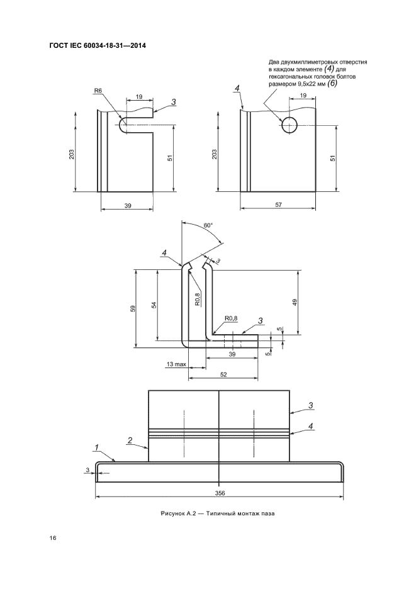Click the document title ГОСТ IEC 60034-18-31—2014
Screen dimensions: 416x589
pyautogui.click(x=98, y=46)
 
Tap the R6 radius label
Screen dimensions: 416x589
pyautogui.click(x=98, y=91)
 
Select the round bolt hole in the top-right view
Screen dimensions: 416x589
pyautogui.click(x=290, y=125)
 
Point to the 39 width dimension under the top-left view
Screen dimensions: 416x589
pyautogui.click(x=128, y=206)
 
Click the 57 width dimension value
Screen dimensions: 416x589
pyautogui.click(x=278, y=205)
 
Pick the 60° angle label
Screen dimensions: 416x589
pyautogui.click(x=208, y=225)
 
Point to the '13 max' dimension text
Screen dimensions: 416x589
pyautogui.click(x=176, y=364)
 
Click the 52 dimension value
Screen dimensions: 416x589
pyautogui.click(x=223, y=374)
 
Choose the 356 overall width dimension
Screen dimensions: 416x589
pyautogui.click(x=220, y=493)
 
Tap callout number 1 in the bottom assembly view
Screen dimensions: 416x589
pyautogui.click(x=96, y=447)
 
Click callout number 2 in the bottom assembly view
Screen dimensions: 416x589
pyautogui.click(x=130, y=440)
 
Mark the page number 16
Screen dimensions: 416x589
pyautogui.click(x=53, y=538)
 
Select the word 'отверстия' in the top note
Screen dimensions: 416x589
pyautogui.click(x=353, y=62)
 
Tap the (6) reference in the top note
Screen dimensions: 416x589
pyautogui.click(x=332, y=84)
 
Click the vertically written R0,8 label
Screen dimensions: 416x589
pyautogui.click(x=198, y=299)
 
